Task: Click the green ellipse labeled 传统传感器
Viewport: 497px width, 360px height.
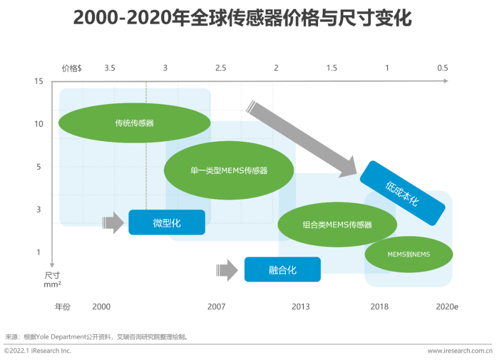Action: point(134,123)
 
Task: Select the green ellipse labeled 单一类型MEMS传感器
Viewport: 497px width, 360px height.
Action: point(229,170)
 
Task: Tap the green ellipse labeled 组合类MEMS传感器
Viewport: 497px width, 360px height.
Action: point(337,224)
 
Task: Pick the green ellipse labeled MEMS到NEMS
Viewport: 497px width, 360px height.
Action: point(409,254)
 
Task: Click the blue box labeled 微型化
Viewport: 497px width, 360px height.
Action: point(167,222)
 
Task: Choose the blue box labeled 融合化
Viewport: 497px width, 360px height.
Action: point(283,269)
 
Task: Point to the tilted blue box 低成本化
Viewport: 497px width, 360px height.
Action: point(403,193)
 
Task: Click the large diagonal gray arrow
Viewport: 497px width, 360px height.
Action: point(302,139)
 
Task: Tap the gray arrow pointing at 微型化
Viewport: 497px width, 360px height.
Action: point(113,223)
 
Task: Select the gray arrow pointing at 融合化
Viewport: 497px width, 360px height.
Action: point(227,270)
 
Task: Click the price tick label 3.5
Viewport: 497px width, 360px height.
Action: point(110,68)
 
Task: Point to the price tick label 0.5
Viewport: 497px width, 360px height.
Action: point(443,68)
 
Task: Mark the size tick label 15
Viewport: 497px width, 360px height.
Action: point(39,81)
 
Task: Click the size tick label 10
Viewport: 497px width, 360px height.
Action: point(39,124)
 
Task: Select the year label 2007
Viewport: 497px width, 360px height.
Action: point(216,307)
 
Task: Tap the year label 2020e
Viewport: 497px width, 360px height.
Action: point(447,307)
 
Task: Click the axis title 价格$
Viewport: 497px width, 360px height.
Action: point(72,68)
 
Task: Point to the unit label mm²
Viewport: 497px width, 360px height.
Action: point(52,284)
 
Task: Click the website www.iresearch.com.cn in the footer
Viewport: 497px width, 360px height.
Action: point(460,351)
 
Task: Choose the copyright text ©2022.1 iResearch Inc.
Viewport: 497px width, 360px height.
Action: point(38,351)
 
